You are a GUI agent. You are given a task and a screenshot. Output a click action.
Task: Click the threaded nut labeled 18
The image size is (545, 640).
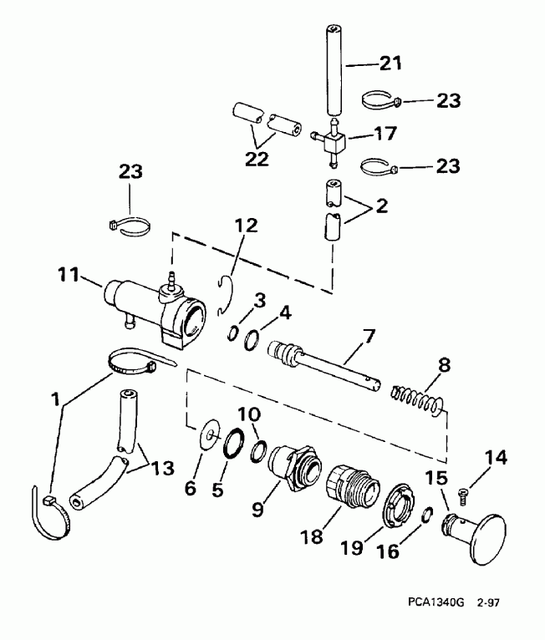click(x=348, y=482)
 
